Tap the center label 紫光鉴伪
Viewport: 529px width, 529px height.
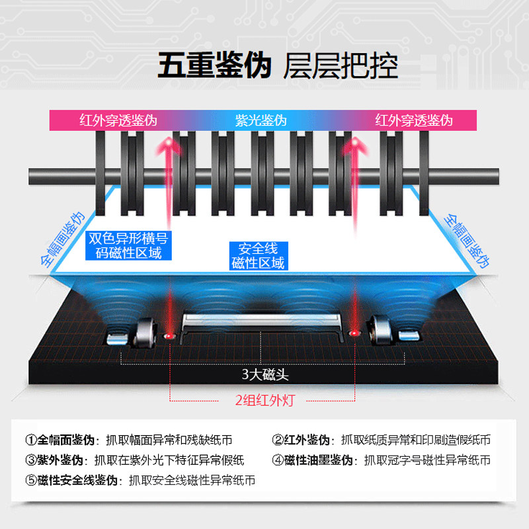click(261, 121)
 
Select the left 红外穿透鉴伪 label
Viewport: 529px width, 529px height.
click(118, 121)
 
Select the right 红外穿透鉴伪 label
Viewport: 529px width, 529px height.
click(413, 121)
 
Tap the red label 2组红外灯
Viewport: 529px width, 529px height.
click(264, 400)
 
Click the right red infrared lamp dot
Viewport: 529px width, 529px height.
click(354, 333)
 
